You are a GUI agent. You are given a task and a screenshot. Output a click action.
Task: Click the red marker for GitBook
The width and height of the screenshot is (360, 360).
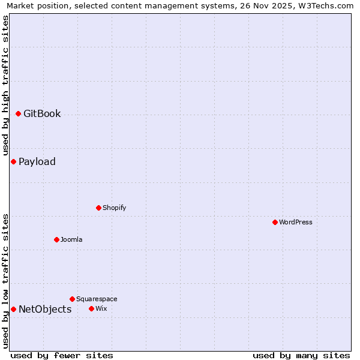pos(18,113)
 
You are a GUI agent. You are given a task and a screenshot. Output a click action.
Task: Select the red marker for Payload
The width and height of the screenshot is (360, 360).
pos(13,161)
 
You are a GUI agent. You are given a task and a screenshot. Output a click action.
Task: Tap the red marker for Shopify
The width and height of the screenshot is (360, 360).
pos(98,208)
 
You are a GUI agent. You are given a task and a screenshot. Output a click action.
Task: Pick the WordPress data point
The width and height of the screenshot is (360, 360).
pos(275,222)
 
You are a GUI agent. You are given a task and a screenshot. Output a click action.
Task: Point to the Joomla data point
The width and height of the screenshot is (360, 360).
pos(56,239)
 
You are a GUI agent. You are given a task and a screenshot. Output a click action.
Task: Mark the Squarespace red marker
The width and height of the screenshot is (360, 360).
pos(72,299)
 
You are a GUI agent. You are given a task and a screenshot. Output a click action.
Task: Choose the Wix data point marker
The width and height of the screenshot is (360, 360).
pos(91,308)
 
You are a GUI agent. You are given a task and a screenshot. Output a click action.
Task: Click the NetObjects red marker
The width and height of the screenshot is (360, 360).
pos(13,309)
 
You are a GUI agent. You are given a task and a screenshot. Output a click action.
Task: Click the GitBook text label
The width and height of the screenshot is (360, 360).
pos(42,113)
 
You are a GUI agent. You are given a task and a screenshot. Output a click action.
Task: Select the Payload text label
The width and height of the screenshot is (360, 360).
pos(37,161)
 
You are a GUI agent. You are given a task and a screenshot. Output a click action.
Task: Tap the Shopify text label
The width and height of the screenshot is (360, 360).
pos(114,208)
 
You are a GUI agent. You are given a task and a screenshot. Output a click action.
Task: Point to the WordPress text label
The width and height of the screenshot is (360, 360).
pos(296,222)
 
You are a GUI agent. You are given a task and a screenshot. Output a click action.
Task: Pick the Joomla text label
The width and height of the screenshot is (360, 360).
pos(71,239)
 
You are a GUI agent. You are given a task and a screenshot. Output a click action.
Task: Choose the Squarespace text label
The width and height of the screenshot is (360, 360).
pos(97,299)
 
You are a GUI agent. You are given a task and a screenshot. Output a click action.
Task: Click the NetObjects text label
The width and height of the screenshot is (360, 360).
pos(45,309)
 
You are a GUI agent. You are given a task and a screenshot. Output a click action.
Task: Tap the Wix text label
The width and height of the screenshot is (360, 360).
pos(101,308)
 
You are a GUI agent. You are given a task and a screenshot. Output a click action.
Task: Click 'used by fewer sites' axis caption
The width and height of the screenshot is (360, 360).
pos(62,355)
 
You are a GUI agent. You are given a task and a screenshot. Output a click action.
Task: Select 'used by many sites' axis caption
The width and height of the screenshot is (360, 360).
pos(301,355)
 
